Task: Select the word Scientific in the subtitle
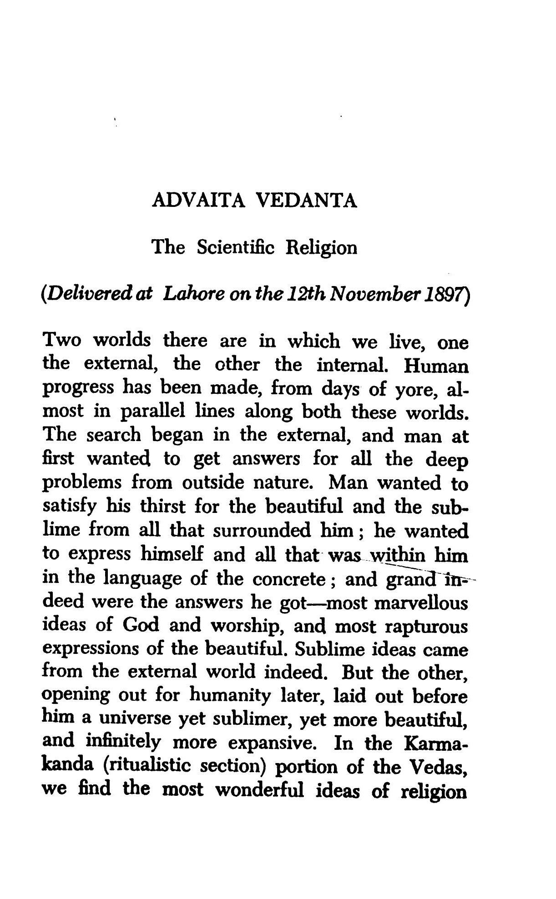236,247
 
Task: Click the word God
141,626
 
